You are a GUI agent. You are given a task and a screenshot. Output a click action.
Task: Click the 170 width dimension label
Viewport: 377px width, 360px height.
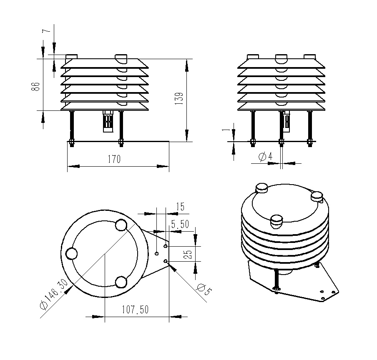click(114, 159)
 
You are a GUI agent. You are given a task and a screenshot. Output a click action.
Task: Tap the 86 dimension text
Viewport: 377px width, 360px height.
click(36, 86)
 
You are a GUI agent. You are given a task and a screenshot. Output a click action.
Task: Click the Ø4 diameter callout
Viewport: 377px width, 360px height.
click(265, 157)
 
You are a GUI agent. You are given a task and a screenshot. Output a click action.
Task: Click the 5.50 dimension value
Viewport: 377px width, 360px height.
click(180, 224)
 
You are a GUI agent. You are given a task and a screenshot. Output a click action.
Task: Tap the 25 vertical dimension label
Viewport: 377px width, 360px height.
click(188, 254)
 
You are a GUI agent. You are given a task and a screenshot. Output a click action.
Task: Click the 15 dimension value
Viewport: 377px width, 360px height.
click(180, 207)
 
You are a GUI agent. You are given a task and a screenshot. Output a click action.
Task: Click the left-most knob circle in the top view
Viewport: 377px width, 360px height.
click(72, 253)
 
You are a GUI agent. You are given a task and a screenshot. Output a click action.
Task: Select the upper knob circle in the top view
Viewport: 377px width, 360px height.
click(121, 225)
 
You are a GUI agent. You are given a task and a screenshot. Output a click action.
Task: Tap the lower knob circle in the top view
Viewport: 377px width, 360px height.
click(121, 282)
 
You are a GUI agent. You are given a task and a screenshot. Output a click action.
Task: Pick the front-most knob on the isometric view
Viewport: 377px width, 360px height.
click(276, 220)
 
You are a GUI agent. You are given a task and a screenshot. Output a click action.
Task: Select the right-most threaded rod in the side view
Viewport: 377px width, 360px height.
click(309, 127)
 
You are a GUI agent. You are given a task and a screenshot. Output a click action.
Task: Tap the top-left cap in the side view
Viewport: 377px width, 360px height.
click(253, 56)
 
